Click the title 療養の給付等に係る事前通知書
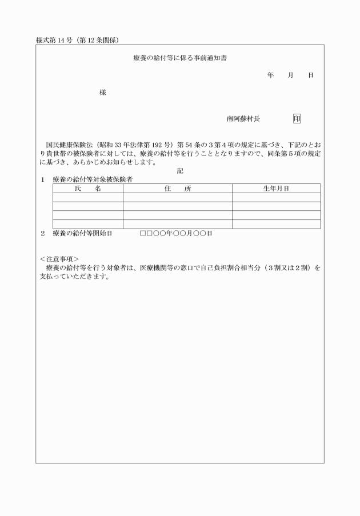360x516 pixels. tap(179, 58)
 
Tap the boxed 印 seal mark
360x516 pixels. tap(297, 119)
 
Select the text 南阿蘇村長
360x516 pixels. tap(243, 119)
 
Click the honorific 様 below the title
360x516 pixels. tap(103, 93)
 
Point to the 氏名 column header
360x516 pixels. tap(87, 189)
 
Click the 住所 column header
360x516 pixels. tap(177, 189)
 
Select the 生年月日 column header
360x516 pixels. tap(276, 189)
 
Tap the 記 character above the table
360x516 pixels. tap(180, 170)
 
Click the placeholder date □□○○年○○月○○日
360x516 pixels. tap(176, 234)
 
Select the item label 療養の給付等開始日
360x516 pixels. tap(82, 234)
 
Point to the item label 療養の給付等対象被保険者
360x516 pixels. tap(93, 179)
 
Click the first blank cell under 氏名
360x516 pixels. tap(87, 198)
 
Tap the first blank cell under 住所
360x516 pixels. tap(177, 198)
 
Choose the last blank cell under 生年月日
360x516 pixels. tap(276, 224)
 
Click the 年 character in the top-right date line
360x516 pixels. tap(270, 75)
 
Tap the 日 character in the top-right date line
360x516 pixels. tap(310, 75)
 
